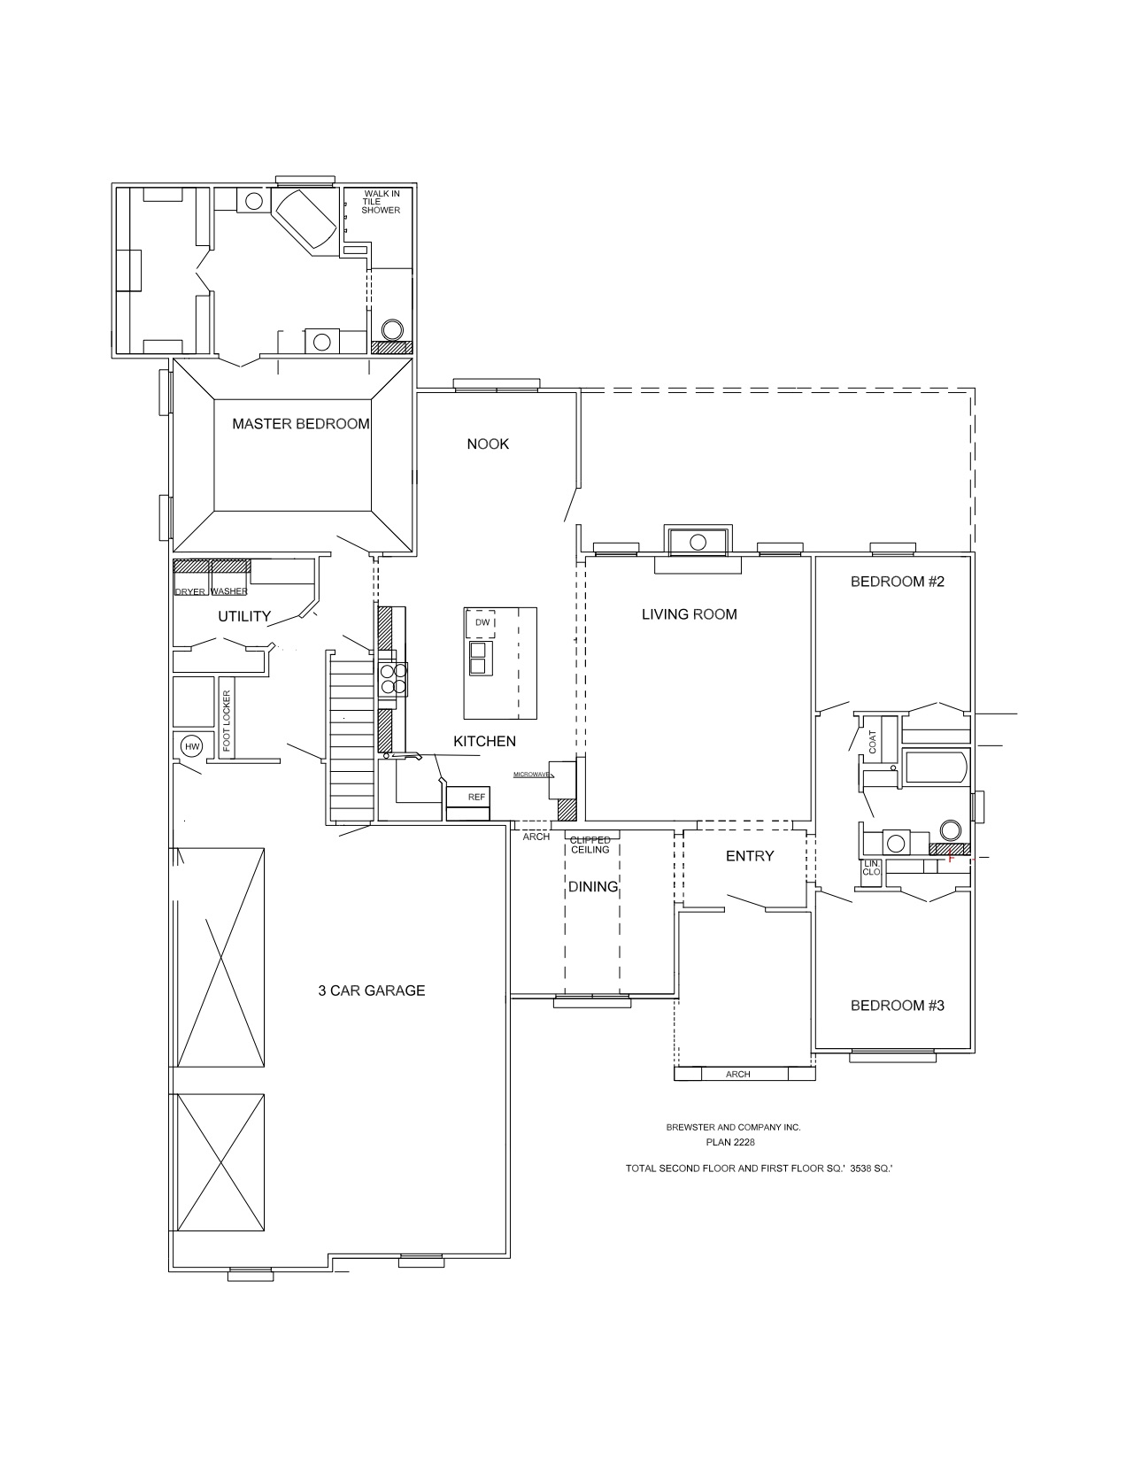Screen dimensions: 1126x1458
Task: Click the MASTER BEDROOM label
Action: click(300, 424)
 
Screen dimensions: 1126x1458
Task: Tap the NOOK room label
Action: click(488, 444)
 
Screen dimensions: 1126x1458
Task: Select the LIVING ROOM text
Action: click(689, 614)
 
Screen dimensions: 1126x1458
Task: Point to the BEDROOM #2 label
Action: click(898, 582)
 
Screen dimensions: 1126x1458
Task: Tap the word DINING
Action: click(593, 887)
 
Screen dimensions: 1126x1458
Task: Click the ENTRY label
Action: click(750, 856)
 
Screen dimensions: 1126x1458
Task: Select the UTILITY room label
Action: click(244, 616)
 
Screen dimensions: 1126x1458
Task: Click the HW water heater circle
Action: click(192, 746)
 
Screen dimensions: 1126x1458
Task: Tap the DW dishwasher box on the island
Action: click(482, 623)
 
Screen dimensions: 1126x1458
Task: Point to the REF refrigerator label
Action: click(476, 797)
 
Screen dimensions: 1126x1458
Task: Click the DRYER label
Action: click(189, 592)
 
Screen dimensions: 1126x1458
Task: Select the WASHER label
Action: click(229, 591)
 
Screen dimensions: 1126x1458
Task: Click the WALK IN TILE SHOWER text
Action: click(381, 202)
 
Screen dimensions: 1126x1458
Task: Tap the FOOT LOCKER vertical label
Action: click(227, 721)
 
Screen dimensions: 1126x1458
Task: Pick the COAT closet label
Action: click(873, 742)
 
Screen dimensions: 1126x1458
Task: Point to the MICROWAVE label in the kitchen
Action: click(531, 775)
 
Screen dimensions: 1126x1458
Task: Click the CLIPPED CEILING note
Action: click(590, 845)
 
